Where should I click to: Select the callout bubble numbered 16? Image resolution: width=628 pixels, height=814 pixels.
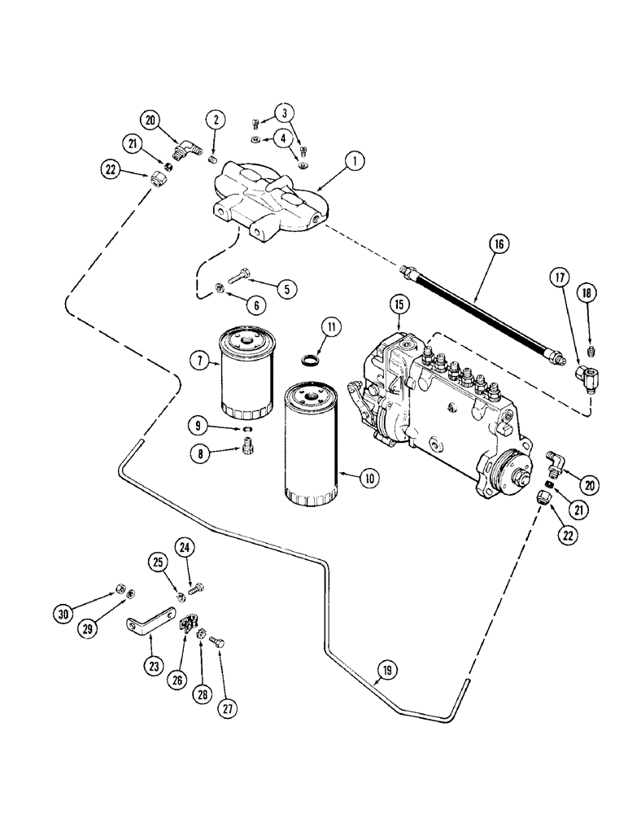(x=498, y=243)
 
